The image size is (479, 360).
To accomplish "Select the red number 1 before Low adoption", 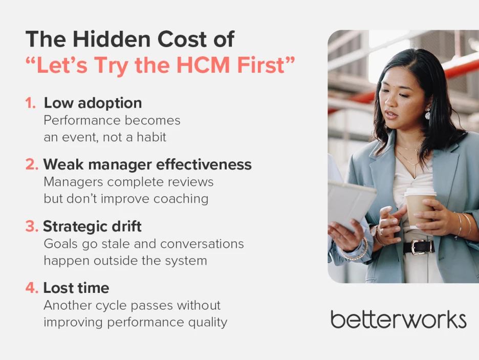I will (30, 103).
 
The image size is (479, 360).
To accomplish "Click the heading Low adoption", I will (93, 103).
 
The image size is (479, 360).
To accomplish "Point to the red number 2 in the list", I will (30, 164).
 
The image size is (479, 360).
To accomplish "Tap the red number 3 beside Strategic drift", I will (30, 226).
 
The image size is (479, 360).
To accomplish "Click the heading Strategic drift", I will (92, 226).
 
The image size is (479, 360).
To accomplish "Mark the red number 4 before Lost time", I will (31, 288).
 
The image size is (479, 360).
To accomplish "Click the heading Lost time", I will (76, 288).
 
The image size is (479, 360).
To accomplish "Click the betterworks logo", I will (398, 319).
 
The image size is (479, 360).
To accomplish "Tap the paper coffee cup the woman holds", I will (419, 206).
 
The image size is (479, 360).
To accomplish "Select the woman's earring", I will (427, 114).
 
